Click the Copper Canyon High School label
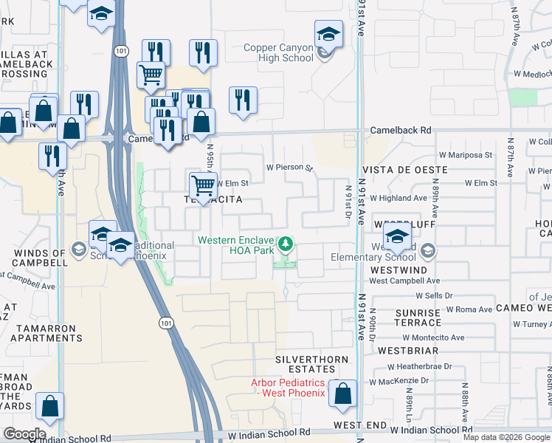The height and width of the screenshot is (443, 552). (279, 52)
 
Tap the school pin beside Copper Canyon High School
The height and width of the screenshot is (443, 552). (328, 35)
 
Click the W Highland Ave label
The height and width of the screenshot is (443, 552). (399, 198)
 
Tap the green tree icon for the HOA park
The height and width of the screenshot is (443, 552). (285, 243)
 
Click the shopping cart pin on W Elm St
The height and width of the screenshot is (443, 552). (203, 185)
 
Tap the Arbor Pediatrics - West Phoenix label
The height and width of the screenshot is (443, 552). (288, 388)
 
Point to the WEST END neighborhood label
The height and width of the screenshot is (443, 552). (359, 425)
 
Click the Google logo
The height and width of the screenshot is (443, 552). (24, 434)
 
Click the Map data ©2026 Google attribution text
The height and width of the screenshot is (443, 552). (506, 437)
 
